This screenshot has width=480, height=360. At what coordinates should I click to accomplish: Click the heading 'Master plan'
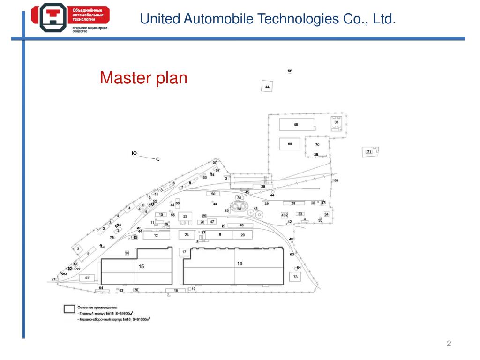143,78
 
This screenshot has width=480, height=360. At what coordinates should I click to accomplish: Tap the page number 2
449,344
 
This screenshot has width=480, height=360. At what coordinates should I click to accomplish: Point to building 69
290,144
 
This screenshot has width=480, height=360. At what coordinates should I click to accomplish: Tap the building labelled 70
317,145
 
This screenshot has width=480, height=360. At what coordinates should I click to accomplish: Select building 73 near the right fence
295,277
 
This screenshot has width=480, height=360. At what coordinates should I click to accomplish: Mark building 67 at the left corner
87,278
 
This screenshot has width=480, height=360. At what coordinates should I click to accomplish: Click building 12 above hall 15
156,235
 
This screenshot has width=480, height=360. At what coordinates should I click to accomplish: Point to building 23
185,216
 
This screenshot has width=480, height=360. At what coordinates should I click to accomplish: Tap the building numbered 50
213,194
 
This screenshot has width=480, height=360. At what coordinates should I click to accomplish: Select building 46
241,225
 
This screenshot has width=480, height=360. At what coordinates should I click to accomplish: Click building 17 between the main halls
184,252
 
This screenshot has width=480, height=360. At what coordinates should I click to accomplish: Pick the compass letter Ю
134,153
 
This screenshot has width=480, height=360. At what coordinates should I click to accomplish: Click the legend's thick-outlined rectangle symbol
69,309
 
